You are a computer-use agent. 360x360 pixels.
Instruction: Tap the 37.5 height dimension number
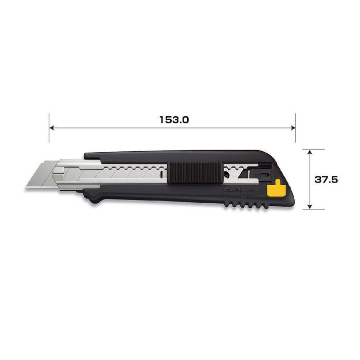[x=326, y=179]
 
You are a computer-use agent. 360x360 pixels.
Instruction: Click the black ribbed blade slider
[x=194, y=171]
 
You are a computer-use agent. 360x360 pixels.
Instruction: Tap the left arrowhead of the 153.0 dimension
[x=52, y=128]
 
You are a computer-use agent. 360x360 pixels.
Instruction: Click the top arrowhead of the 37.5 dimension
[x=309, y=152]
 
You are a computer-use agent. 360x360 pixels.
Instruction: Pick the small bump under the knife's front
[x=93, y=198]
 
